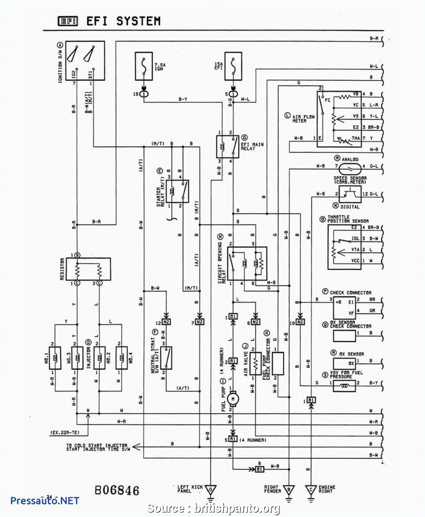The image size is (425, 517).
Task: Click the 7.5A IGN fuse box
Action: (x=144, y=66)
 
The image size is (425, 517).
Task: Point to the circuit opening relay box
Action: (x=247, y=264)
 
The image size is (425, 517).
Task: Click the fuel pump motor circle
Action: (x=233, y=397)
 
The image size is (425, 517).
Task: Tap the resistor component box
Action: (x=88, y=268)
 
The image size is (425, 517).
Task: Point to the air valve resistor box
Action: (x=255, y=363)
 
